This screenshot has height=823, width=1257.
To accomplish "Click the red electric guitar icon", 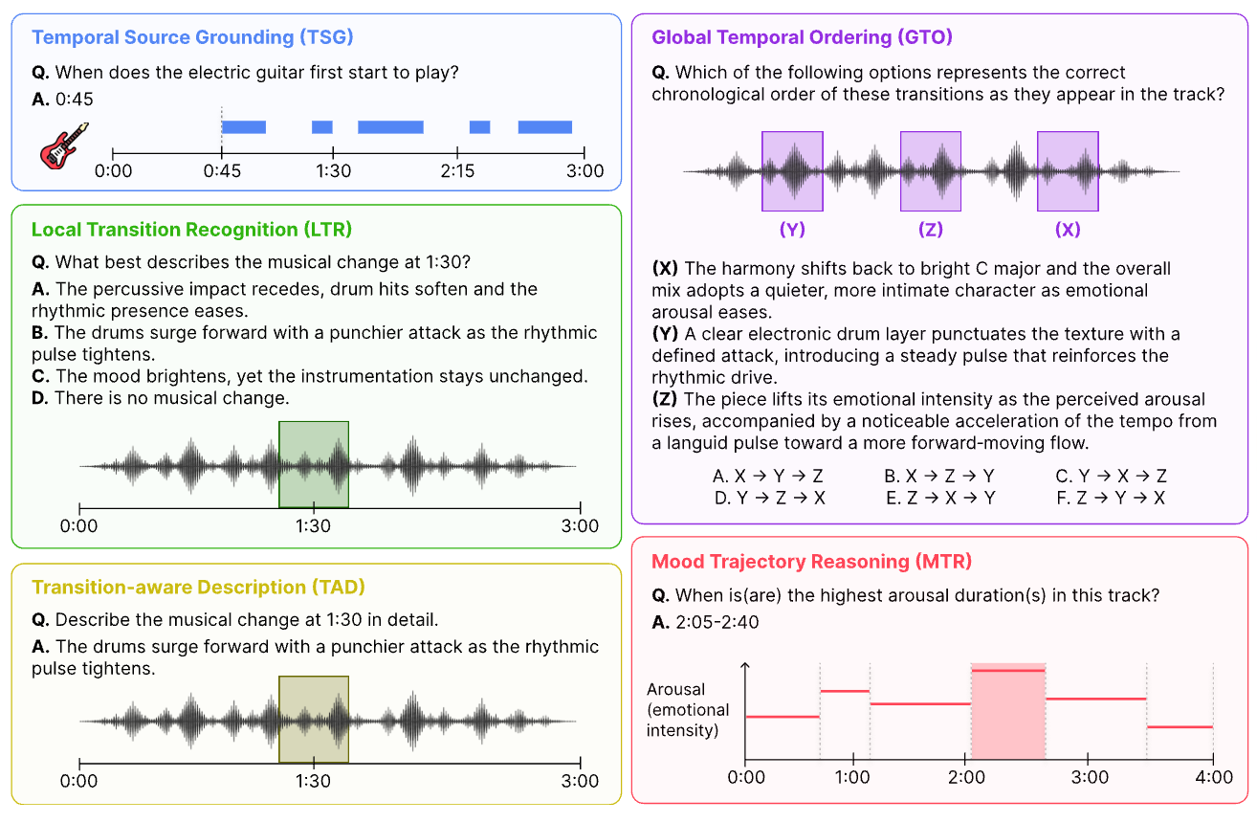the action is pos(64,145).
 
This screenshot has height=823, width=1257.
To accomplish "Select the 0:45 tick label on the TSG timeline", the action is pos(222,170).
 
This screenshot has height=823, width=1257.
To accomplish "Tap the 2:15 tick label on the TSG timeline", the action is pos(457,170).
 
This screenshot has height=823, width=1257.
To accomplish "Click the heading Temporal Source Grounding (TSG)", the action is pos(192,37).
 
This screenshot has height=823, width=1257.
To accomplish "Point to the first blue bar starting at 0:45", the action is pos(244,127).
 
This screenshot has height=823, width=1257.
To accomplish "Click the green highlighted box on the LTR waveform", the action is pos(314,464).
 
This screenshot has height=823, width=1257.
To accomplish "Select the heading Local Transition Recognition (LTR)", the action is pos(191,230).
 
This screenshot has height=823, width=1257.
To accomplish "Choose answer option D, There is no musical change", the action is pos(161,398).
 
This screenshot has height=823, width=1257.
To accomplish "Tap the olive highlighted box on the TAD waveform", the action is pos(314,719).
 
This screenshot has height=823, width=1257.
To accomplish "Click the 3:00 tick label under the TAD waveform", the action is pos(580,781).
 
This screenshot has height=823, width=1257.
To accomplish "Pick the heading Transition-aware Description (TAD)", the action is pos(198,588).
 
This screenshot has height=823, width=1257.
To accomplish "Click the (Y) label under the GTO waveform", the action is pos(792,229).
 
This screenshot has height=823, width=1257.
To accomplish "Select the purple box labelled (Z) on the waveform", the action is pos(931,171).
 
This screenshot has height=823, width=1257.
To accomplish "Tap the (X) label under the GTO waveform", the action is pos(1068,229).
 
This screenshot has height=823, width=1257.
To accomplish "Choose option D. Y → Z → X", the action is pos(769,498).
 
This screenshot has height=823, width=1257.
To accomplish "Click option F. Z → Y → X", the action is pos(1111,498).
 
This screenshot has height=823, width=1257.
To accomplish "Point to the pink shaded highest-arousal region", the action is pos(1008,711).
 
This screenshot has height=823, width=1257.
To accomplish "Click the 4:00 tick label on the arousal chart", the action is pos(1214,777).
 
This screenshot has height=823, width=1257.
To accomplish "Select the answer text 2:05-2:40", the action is pos(717,622).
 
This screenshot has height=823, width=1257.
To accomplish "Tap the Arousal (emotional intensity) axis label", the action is pos(688,710).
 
